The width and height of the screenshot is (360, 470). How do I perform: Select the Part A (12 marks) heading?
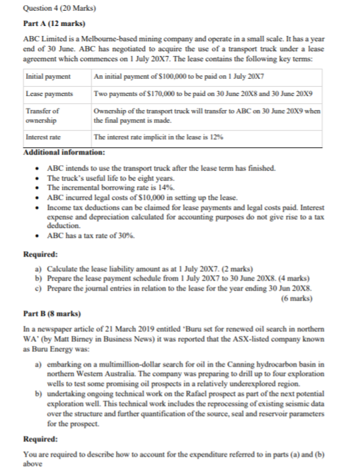(x=47, y=24)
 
